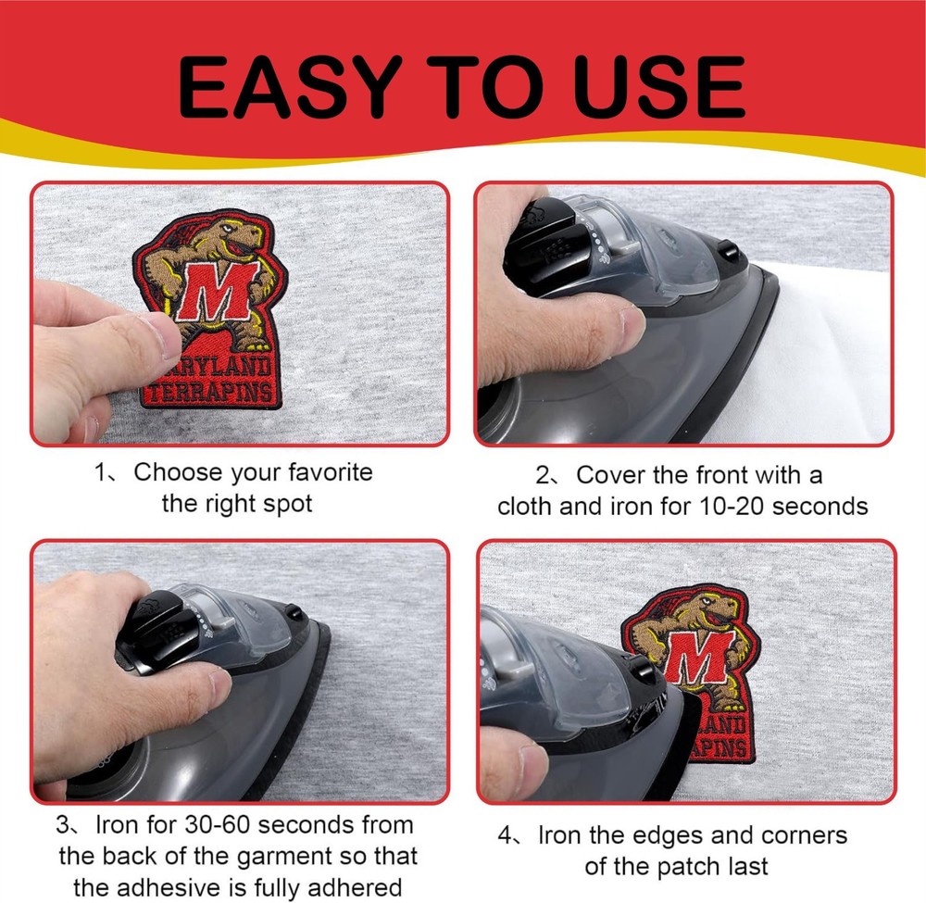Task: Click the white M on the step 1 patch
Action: pyautogui.click(x=219, y=292)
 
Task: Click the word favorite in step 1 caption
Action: pyautogui.click(x=331, y=471)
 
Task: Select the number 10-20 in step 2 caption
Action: pyautogui.click(x=732, y=506)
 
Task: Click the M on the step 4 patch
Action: pyautogui.click(x=700, y=656)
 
